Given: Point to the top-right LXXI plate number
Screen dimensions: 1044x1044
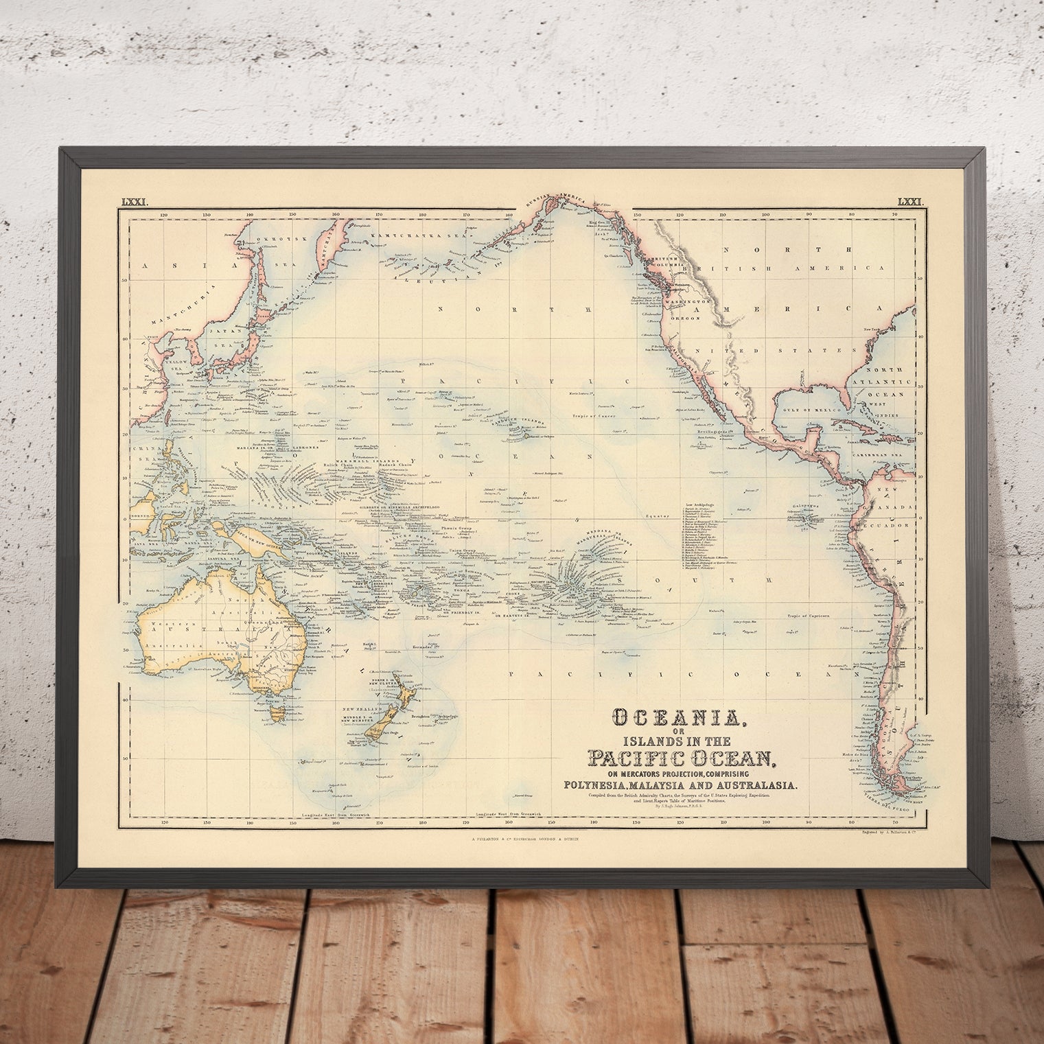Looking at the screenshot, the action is [912, 201].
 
